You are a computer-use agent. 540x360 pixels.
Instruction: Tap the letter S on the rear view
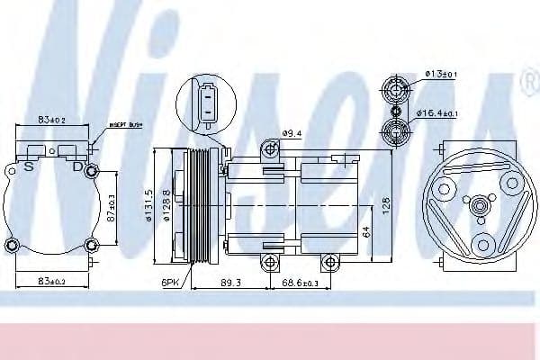coord(30,166)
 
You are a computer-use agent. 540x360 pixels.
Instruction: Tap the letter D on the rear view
coord(77,166)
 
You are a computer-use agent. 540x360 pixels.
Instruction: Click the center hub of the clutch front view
coord(481,207)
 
